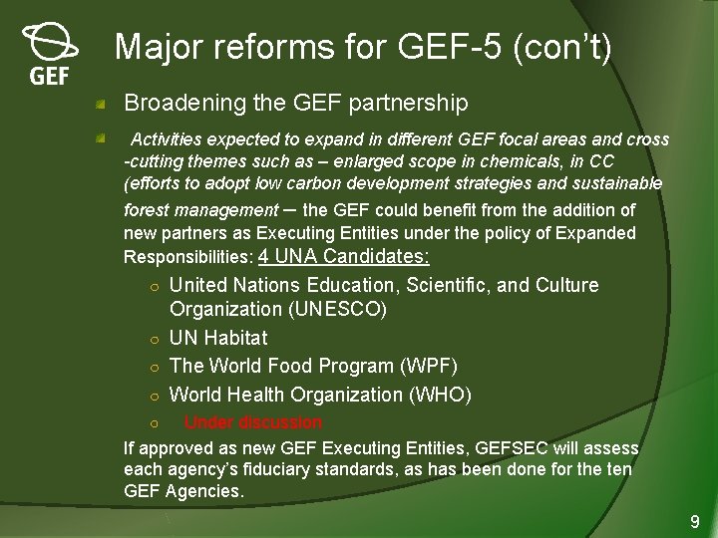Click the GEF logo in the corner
point(49,55)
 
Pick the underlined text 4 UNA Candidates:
point(344,257)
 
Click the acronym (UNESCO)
point(337,309)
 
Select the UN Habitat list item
point(218,338)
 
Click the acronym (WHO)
point(439,395)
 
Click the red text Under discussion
point(252,422)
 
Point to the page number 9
point(695,521)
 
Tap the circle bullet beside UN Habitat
point(146,339)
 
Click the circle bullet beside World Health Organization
point(146,396)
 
